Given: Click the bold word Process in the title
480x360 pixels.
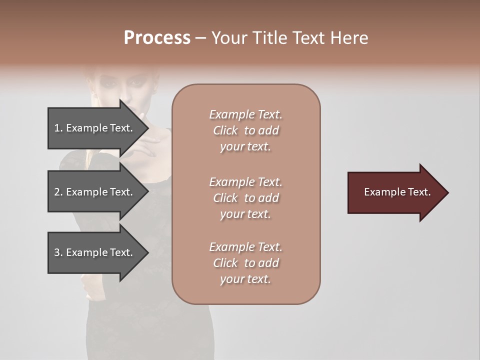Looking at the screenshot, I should pyautogui.click(x=157, y=38).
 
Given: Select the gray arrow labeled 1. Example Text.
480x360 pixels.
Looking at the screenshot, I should pyautogui.click(x=95, y=128).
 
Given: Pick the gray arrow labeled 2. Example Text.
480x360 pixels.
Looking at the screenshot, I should pyautogui.click(x=95, y=192).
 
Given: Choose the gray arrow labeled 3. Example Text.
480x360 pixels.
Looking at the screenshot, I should pyautogui.click(x=95, y=252).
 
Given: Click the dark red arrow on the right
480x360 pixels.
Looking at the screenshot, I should pyautogui.click(x=395, y=192).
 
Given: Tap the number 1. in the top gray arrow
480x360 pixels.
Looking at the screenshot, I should pyautogui.click(x=58, y=128).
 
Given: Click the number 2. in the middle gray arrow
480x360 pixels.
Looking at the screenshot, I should pyautogui.click(x=58, y=192).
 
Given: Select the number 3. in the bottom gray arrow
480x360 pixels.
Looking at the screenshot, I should pyautogui.click(x=58, y=252).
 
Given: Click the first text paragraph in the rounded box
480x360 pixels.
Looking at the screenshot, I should pyautogui.click(x=245, y=130).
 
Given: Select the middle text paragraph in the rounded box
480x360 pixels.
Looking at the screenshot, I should pyautogui.click(x=245, y=198).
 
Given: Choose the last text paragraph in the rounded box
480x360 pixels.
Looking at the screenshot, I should pyautogui.click(x=245, y=263).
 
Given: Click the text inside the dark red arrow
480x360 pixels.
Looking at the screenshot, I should pyautogui.click(x=397, y=192).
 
